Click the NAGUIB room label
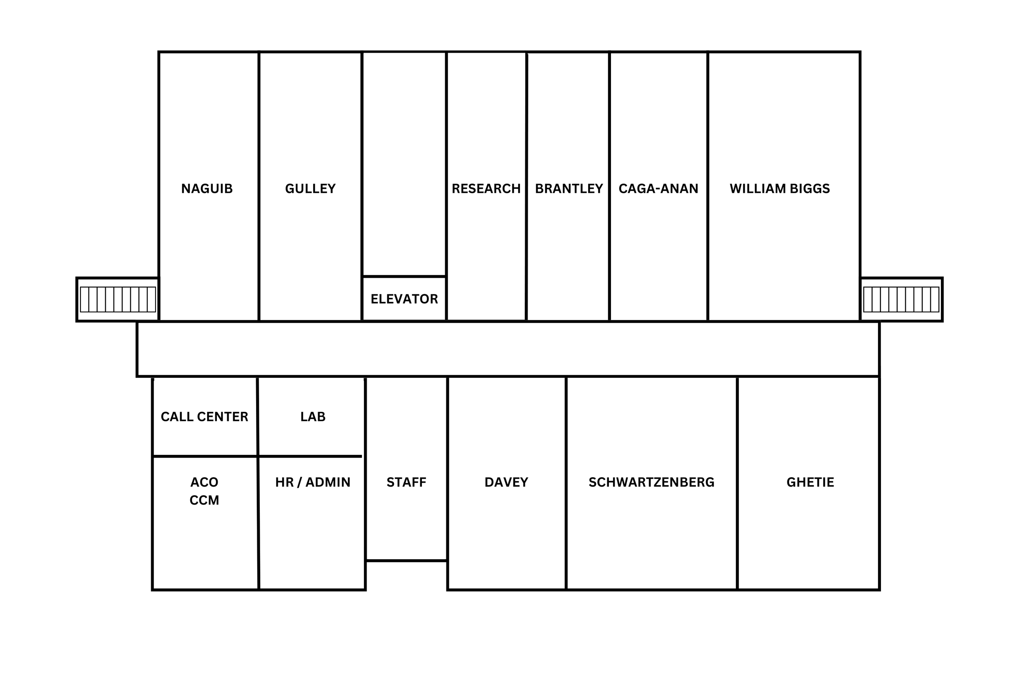coord(207,188)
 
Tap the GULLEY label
coord(310,188)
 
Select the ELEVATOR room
coord(404,299)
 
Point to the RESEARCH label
coord(486,188)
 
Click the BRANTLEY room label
coord(568,188)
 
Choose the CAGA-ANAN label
coord(658,188)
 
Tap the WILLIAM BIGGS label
coord(780,188)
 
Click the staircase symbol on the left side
coord(118,299)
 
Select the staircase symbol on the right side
coord(901,299)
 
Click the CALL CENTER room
coord(205,417)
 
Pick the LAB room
coord(312,417)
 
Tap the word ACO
coord(205,482)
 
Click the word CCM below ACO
coord(205,501)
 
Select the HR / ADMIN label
coord(312,482)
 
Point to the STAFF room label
coord(406,482)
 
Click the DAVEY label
coord(506,482)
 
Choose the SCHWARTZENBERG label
coord(651,482)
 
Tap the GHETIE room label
coord(810,482)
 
